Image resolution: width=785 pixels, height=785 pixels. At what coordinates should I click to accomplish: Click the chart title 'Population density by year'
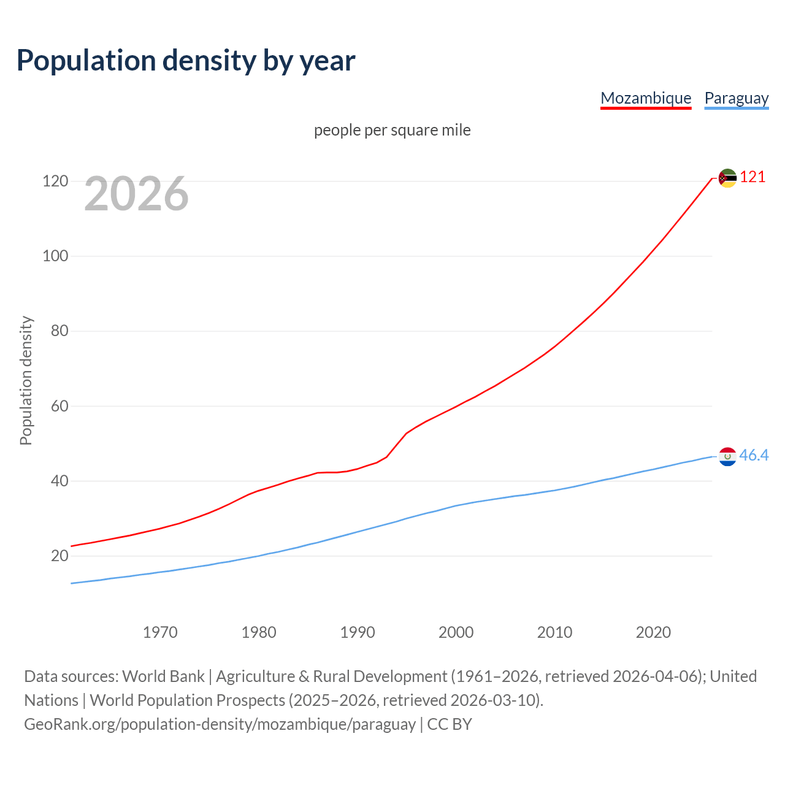coord(186,61)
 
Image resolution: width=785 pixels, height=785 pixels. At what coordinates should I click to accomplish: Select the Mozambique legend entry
coord(646,98)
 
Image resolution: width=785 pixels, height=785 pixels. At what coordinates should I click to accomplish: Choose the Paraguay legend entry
coord(736,98)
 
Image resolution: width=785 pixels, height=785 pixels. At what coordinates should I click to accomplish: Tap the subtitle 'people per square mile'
coord(392,130)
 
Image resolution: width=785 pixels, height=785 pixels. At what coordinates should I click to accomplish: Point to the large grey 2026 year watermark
coord(136,194)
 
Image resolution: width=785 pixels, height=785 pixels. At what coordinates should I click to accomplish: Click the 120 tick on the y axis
coord(55,182)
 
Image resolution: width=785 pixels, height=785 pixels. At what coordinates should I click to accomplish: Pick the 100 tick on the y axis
coord(55,256)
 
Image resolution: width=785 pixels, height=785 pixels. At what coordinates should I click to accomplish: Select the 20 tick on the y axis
coord(59,556)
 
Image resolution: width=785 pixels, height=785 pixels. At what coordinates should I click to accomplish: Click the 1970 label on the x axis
coord(160,632)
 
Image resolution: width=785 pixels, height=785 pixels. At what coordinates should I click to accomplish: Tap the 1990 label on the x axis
coord(358,632)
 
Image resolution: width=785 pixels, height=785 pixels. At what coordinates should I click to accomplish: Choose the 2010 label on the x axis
coord(554,632)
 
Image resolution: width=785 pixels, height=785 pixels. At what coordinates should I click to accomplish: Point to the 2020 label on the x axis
coord(653,632)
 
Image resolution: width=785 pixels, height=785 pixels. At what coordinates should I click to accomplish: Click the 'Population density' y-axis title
coord(26,380)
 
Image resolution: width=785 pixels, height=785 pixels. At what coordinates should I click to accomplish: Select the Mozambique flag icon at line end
coord(727,178)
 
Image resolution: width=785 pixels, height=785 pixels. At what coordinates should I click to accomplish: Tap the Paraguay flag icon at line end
coord(727,456)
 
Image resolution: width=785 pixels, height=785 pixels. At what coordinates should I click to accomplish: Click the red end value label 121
coord(752,177)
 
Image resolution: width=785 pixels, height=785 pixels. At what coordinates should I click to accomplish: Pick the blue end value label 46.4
coord(754,455)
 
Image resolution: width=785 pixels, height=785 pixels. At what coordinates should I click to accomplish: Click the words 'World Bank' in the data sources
coord(163,676)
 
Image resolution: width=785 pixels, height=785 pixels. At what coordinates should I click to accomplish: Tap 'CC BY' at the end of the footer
coord(450,724)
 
